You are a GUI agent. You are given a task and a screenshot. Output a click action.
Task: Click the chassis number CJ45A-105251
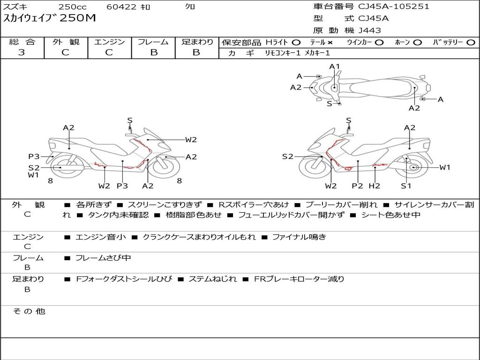point(394,7)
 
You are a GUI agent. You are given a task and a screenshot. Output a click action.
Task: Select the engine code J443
point(369,30)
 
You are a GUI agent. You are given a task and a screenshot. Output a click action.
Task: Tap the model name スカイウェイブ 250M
point(50,18)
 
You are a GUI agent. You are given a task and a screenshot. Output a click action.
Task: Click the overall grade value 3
point(22,52)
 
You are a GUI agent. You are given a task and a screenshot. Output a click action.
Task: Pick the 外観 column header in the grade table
point(66,42)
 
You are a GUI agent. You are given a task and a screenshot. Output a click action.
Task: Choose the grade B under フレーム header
point(154,52)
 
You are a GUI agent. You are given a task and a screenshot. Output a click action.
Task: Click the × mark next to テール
point(330,43)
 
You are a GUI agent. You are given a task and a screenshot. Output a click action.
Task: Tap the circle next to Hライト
point(296,43)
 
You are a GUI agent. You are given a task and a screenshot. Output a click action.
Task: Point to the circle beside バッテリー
point(471,43)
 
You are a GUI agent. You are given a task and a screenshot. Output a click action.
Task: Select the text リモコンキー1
point(283,53)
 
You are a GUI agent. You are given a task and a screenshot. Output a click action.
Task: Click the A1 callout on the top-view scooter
point(335,67)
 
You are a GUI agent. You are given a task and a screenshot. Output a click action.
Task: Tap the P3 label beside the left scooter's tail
point(34,157)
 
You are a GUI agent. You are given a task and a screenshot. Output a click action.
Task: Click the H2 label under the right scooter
point(375,186)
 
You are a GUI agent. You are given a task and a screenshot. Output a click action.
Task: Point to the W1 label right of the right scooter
point(445,167)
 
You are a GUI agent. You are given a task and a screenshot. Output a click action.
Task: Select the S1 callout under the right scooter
point(406,186)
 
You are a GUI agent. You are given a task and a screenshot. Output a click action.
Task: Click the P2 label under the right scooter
point(357,186)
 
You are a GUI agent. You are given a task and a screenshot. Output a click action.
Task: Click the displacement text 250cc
point(73,7)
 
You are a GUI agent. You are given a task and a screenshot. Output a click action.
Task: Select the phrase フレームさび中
point(103,258)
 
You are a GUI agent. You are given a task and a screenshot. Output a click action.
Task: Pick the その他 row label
point(29,311)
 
